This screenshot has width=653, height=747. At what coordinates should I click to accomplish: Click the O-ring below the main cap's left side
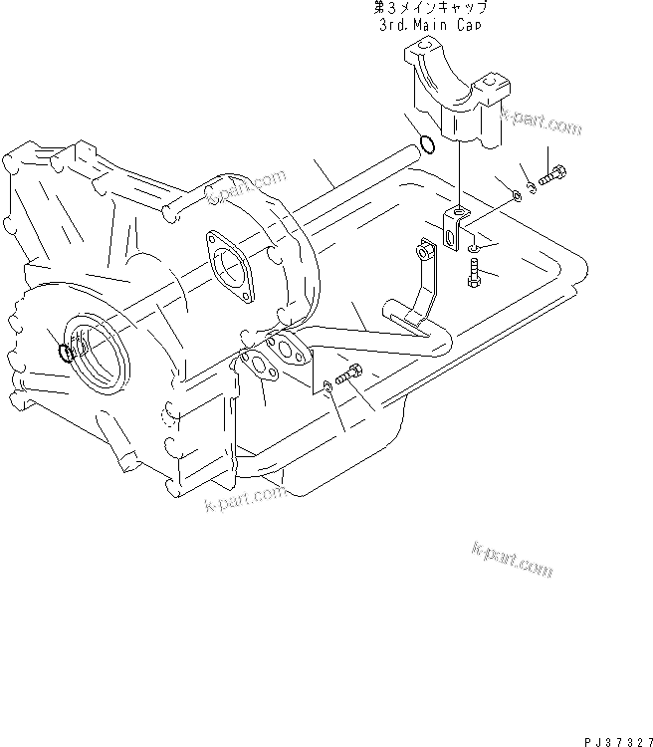click(x=426, y=145)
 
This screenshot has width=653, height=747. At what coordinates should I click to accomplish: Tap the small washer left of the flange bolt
click(x=327, y=385)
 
